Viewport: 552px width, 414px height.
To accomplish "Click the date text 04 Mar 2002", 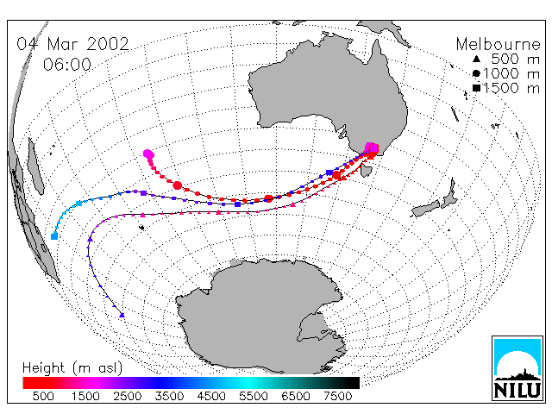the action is [x=72, y=44].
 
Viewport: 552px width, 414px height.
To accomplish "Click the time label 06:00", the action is [x=67, y=65].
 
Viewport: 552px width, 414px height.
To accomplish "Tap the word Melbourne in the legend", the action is [x=498, y=44].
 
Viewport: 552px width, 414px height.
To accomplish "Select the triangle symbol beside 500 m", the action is [x=476, y=60].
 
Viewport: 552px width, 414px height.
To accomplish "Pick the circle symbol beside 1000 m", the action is [x=476, y=73].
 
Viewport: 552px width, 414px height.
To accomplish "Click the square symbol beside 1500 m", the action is [x=476, y=88].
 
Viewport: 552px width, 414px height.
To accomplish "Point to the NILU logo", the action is [x=517, y=368].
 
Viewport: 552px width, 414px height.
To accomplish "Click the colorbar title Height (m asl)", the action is [x=72, y=368].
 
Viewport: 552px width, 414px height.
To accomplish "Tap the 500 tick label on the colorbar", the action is [x=43, y=397].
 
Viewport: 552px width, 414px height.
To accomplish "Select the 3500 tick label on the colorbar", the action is [x=169, y=397].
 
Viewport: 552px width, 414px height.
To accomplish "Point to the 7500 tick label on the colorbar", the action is [x=337, y=397].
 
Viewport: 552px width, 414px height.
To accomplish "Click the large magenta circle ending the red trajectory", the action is [x=148, y=154].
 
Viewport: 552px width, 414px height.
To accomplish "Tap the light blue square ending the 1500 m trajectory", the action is [x=54, y=236].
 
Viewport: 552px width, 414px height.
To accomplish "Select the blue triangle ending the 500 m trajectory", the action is [x=122, y=315].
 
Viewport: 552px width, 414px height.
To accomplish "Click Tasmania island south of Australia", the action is [x=367, y=171].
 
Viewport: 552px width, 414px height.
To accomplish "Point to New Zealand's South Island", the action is [x=425, y=209].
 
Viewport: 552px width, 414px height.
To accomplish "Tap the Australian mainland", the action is [x=328, y=91].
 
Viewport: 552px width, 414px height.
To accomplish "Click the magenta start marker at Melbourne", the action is [x=372, y=148].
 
